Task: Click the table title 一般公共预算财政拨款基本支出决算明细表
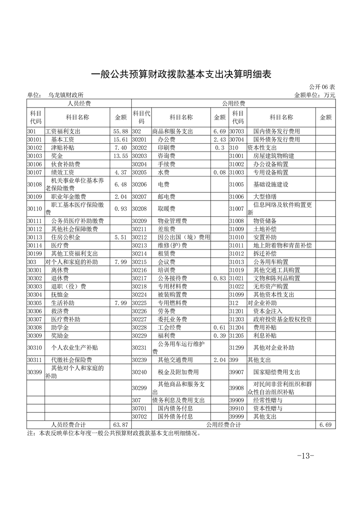pos(181,74)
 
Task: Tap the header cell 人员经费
pos(79,103)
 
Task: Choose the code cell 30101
pos(35,140)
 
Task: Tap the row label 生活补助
pos(63,303)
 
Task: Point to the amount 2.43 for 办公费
pos(219,140)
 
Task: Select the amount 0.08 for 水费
pos(219,172)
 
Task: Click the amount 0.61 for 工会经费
pos(219,327)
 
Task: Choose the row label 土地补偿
pos(265,229)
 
